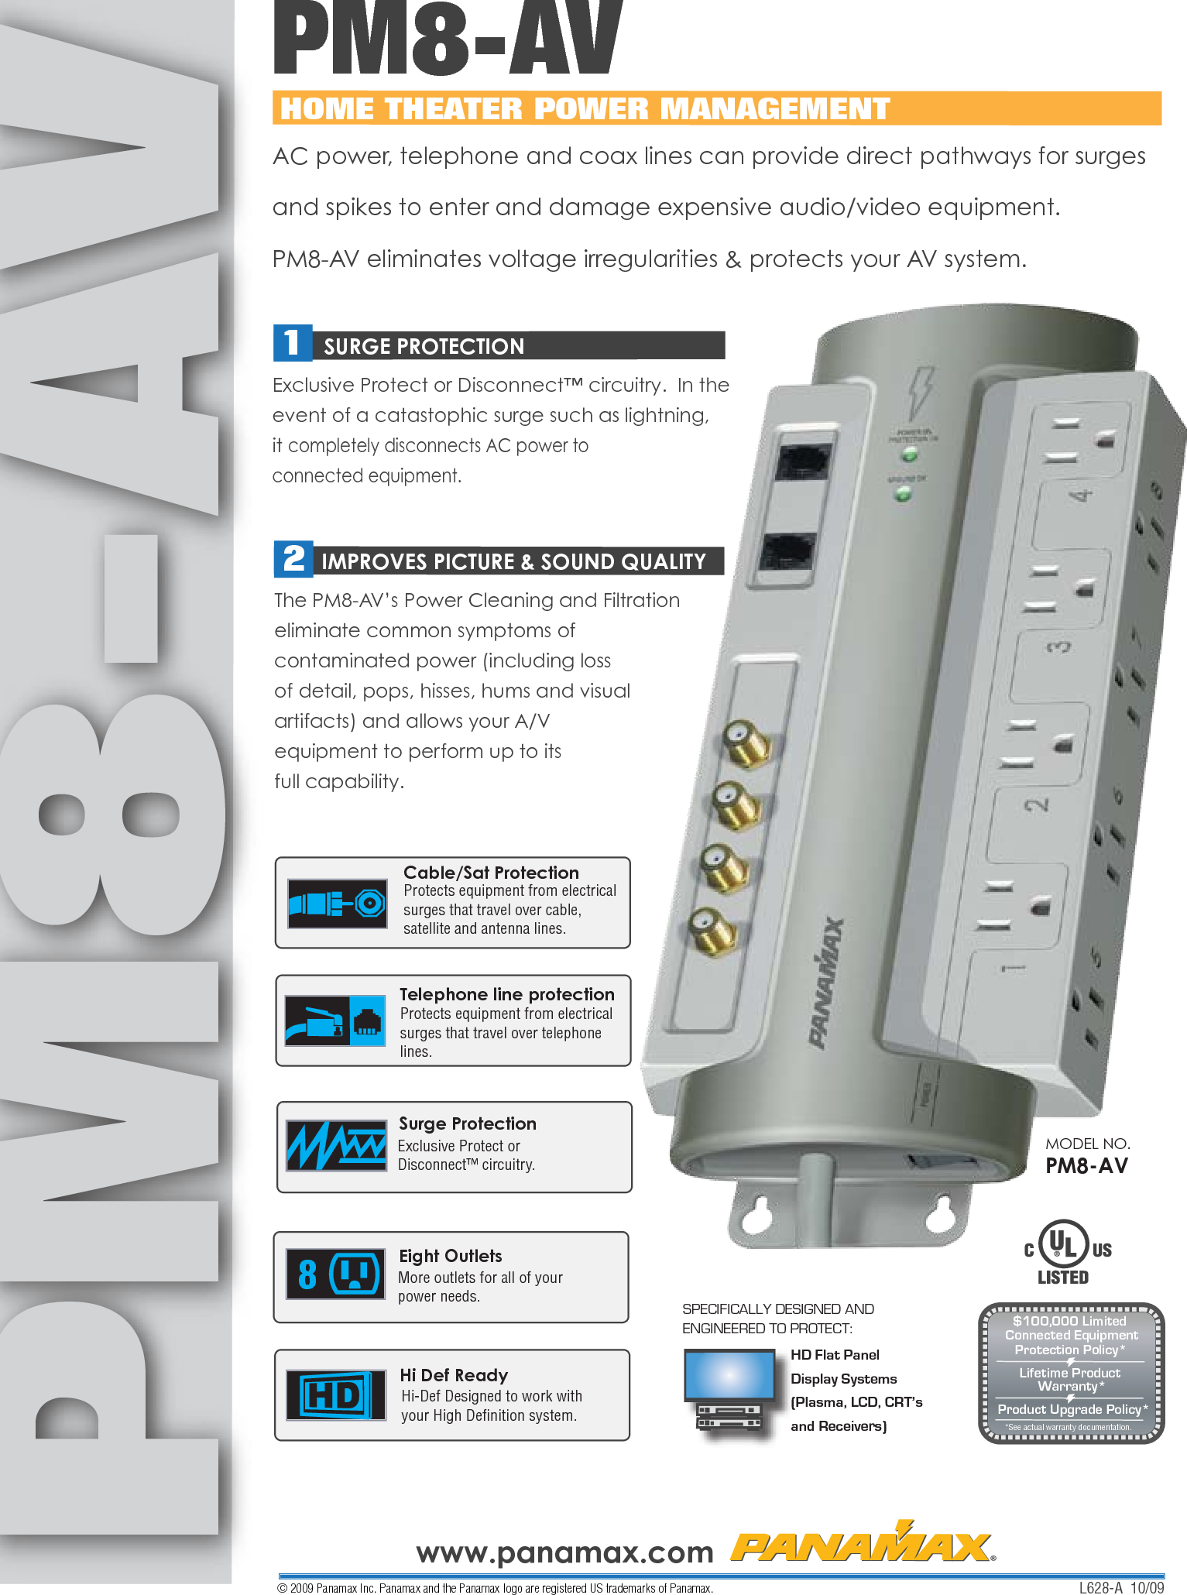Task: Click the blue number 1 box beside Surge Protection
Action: (292, 343)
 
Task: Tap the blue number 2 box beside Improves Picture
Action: (293, 558)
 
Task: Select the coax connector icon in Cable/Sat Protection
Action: (337, 903)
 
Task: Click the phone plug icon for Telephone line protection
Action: (334, 1020)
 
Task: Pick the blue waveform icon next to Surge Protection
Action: (337, 1145)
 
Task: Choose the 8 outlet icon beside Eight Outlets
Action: (335, 1274)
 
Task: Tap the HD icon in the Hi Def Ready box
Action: (335, 1395)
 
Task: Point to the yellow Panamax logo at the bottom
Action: (863, 1545)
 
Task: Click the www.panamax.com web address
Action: (564, 1552)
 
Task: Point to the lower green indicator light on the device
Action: (902, 494)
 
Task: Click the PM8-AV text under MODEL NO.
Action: (1086, 1166)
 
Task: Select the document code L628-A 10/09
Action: (1121, 1587)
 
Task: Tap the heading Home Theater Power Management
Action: (585, 108)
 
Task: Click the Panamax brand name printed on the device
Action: (826, 983)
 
